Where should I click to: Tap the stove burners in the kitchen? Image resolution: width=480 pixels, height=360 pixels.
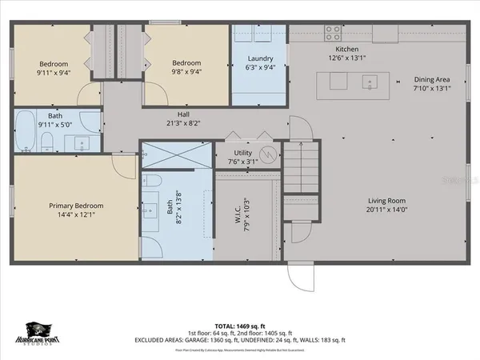[x=332, y=33]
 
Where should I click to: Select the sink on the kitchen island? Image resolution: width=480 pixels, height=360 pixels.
[x=370, y=81]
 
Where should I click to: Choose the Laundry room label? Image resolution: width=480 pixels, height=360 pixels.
[x=261, y=58]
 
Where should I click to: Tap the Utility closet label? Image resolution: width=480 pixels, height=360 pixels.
[x=243, y=152]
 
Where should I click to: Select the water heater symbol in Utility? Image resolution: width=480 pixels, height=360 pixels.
[x=269, y=152]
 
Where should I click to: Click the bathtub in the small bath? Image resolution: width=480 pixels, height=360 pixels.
[x=26, y=133]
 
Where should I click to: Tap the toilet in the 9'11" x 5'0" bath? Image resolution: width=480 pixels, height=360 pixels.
[x=47, y=143]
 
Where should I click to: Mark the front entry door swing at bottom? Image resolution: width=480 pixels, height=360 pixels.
[x=299, y=276]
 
